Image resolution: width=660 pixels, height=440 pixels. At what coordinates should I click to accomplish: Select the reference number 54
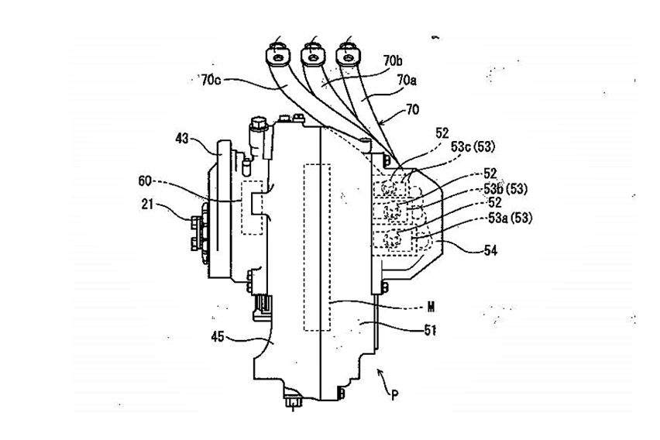pyautogui.click(x=490, y=250)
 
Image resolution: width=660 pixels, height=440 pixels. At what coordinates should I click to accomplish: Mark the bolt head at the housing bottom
pyautogui.click(x=293, y=402)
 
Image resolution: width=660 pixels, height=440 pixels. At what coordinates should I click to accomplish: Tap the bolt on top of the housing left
pyautogui.click(x=257, y=122)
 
